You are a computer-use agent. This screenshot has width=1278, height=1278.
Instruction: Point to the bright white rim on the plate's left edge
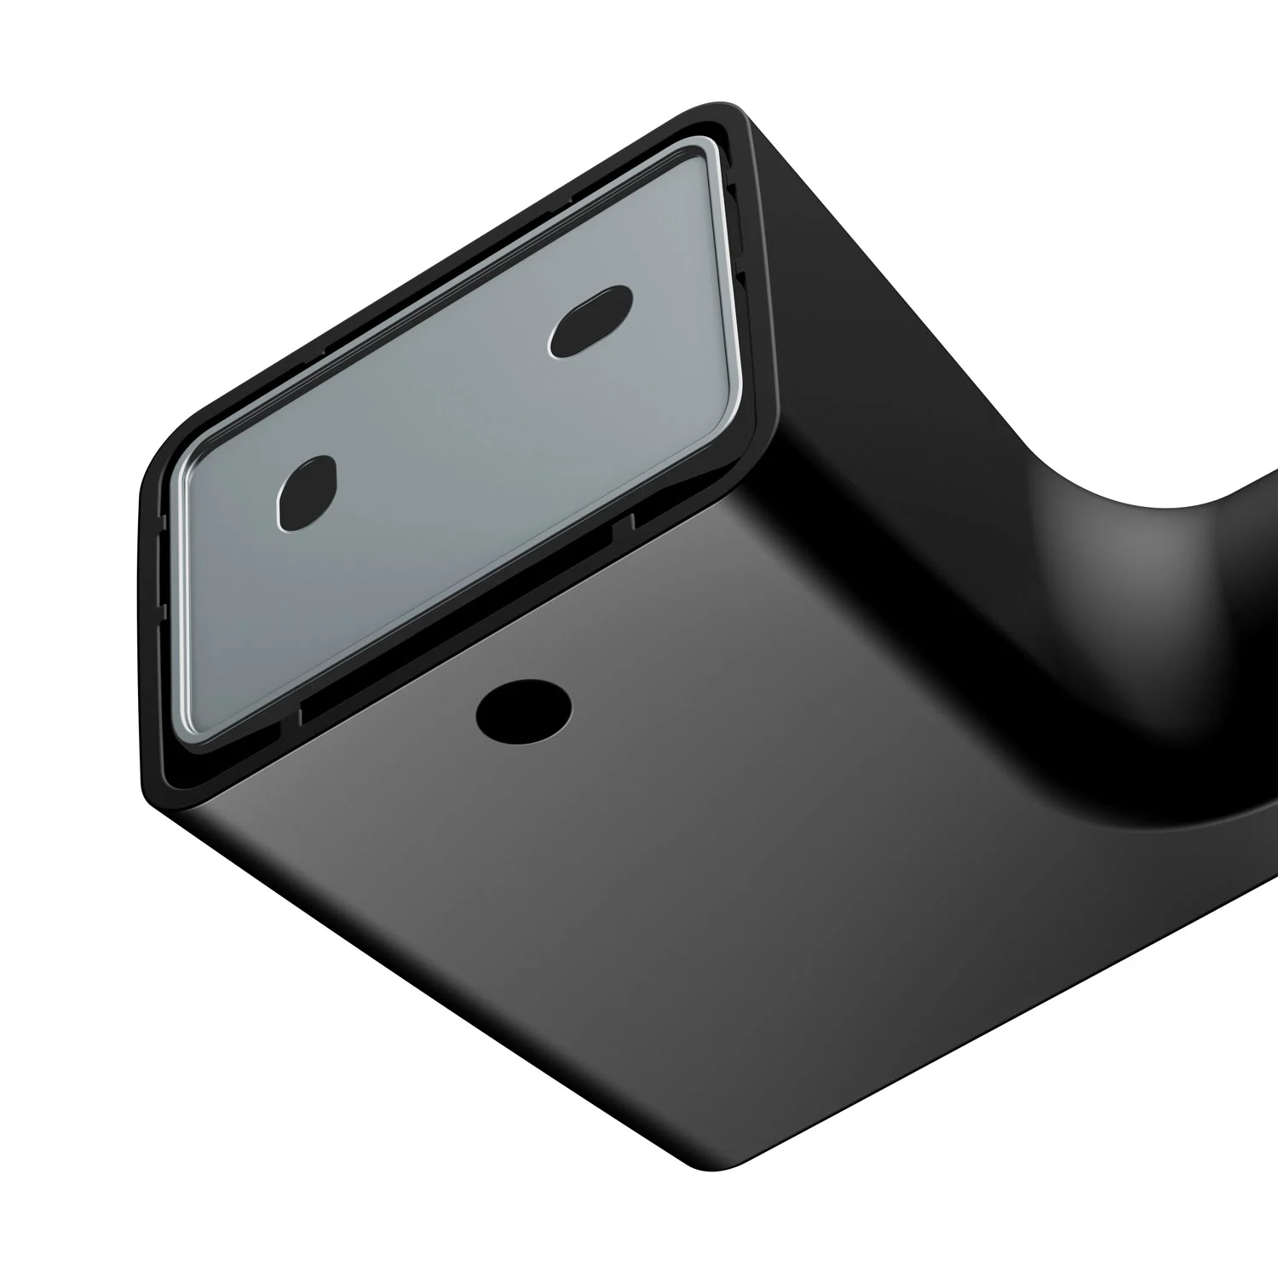[x=176, y=596]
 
